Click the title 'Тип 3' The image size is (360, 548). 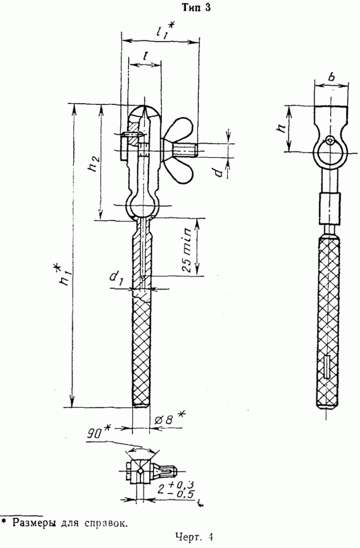coord(197,7)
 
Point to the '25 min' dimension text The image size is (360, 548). coord(187,250)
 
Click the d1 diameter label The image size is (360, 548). coord(116,279)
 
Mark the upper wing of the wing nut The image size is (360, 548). coord(180,129)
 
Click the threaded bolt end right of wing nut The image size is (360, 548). coord(186,150)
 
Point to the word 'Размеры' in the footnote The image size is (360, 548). coord(33,523)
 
